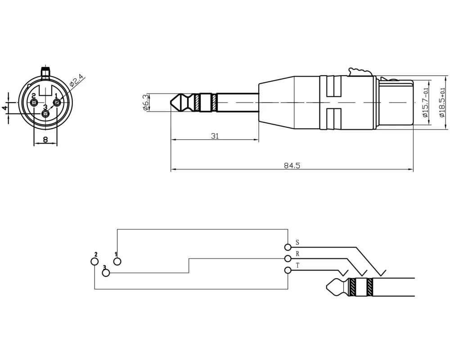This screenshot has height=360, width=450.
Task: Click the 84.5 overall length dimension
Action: point(292,166)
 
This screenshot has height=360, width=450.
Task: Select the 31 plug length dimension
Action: point(215,136)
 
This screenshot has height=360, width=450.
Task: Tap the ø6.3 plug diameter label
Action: point(146,103)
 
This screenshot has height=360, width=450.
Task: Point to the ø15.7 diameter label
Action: point(425,103)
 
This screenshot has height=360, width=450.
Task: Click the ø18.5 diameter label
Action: point(442,103)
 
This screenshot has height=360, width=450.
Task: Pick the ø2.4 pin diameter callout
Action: point(76,81)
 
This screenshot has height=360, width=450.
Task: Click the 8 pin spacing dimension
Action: point(45,139)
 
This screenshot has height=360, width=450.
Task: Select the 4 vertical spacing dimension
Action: point(4,108)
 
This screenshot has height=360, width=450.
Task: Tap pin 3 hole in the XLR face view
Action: point(45,114)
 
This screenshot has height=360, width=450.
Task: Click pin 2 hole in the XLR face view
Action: point(34,103)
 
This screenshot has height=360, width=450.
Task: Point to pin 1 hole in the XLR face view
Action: point(57,102)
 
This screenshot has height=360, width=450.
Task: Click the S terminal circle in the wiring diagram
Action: point(288,247)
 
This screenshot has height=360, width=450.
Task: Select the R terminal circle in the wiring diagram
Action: point(288,259)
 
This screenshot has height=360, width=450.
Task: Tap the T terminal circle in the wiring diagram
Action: point(288,270)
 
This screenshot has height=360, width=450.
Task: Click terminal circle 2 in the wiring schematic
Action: point(94,261)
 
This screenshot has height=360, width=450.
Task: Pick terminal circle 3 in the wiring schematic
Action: point(106,273)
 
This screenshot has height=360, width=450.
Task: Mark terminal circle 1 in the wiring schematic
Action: point(117,261)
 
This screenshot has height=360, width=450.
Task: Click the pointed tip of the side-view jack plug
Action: point(171,103)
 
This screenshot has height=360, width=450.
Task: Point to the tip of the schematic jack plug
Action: point(327,287)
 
